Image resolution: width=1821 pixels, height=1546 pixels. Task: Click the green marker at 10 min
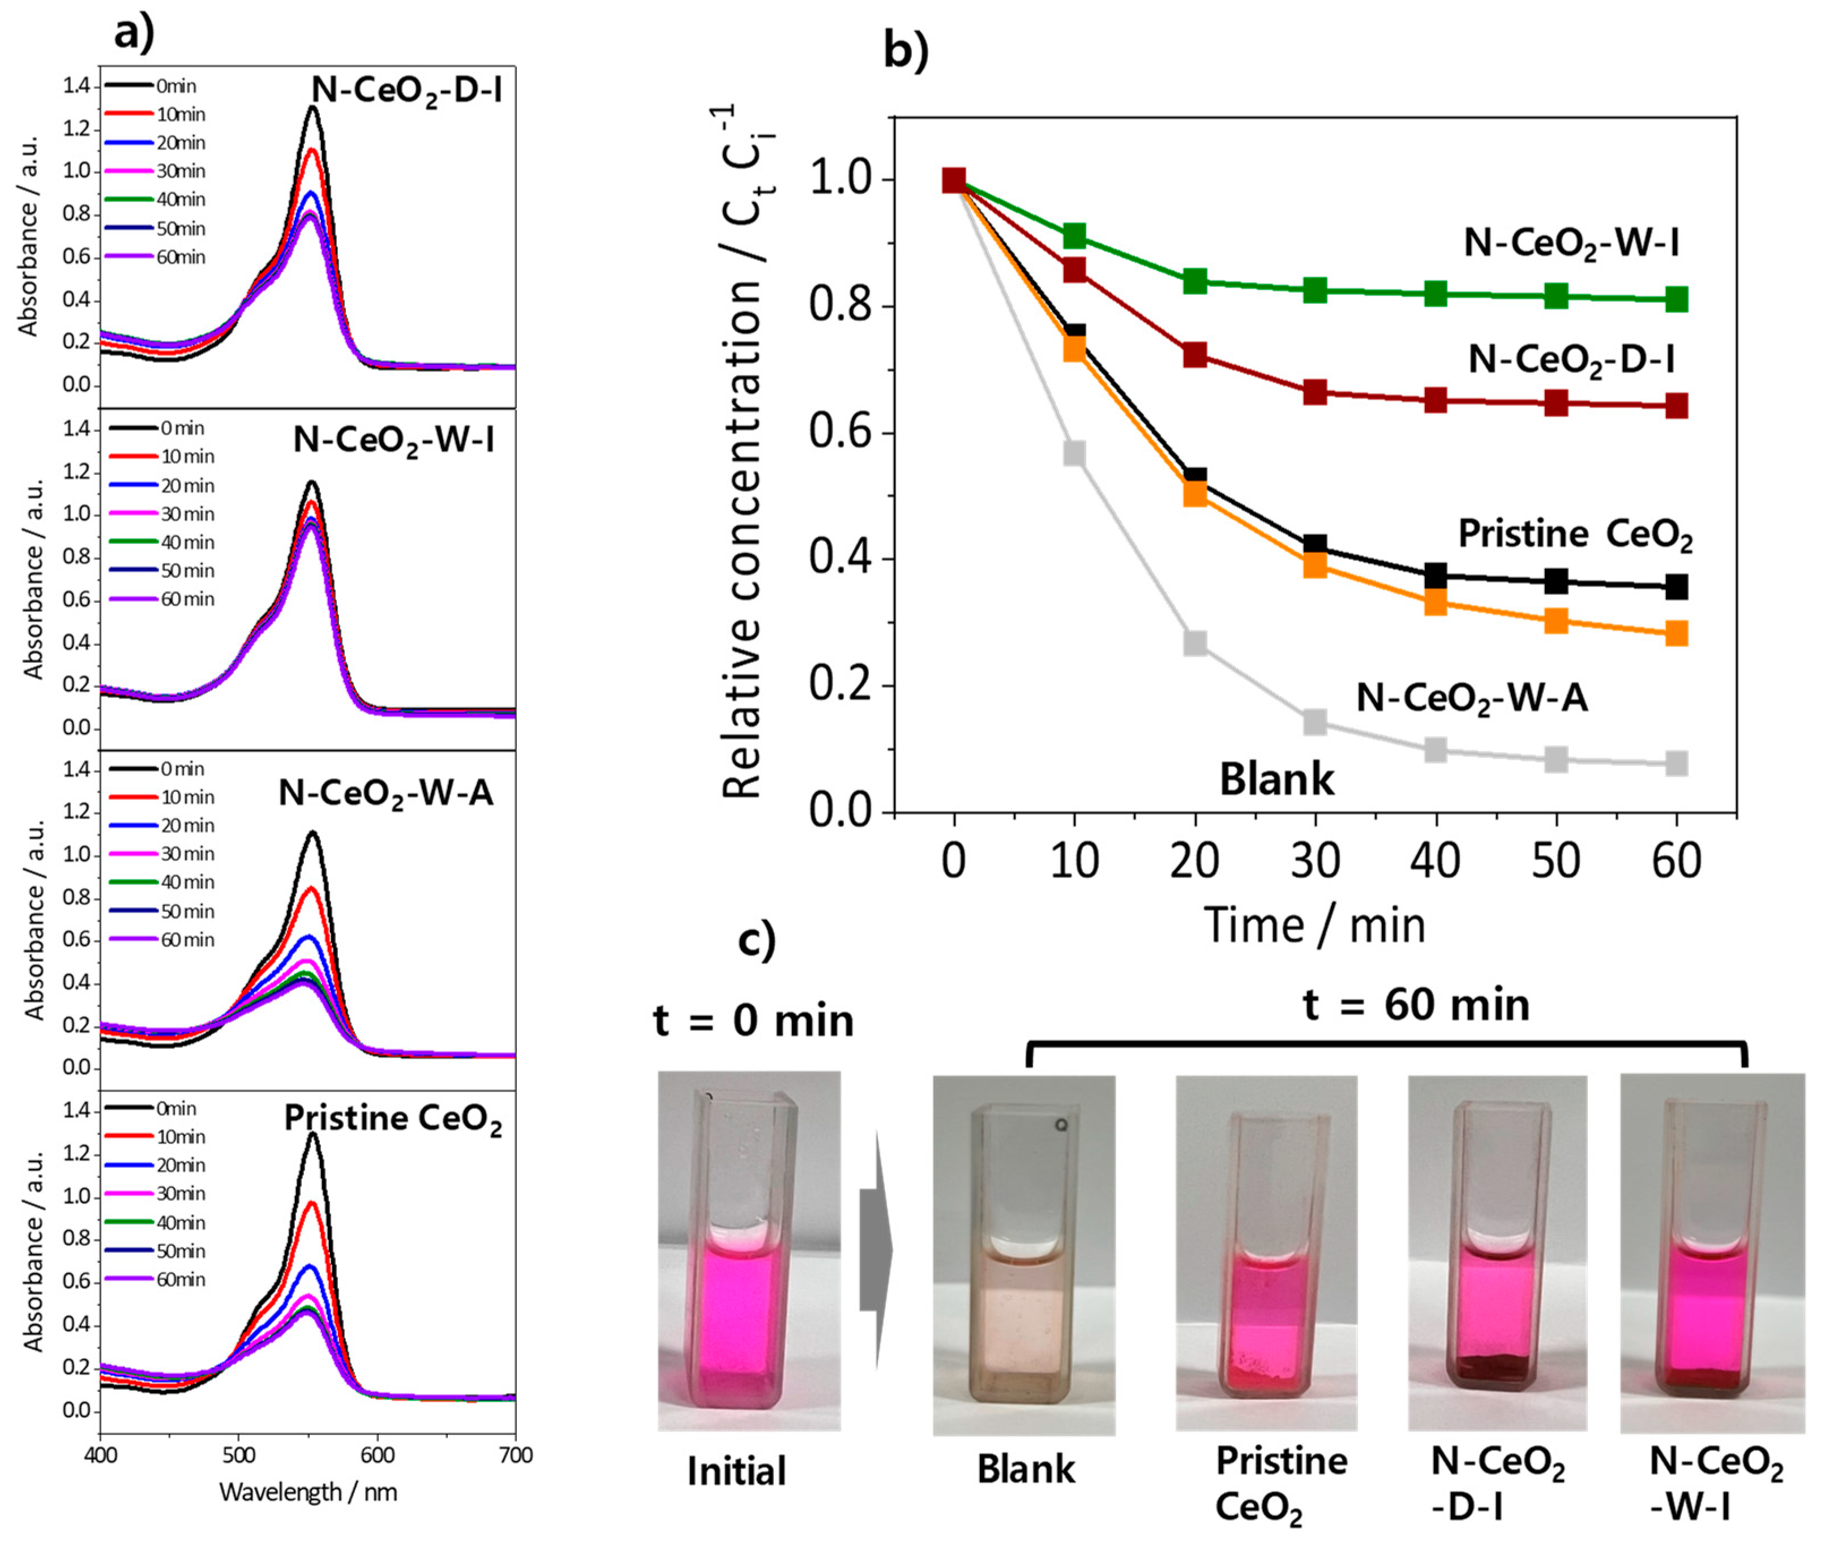[x=1074, y=235]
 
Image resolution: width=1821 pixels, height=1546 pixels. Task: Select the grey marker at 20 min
[x=1194, y=643]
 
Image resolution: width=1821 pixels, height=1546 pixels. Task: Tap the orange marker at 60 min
[x=1676, y=633]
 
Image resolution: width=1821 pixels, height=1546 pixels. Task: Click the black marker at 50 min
[x=1556, y=580]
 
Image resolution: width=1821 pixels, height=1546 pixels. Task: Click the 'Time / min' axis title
[x=1314, y=926]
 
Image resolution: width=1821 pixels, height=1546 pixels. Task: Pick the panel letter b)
[x=905, y=51]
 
